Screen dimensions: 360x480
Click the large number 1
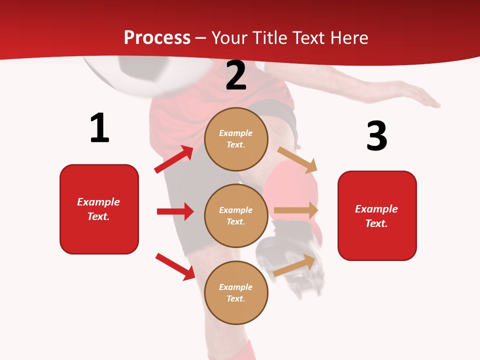click(99, 128)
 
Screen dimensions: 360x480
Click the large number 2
click(236, 76)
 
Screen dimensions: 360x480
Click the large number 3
click(376, 136)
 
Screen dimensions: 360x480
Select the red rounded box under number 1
click(99, 209)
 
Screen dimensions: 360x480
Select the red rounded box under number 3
click(377, 215)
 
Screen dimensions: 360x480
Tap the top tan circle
click(236, 139)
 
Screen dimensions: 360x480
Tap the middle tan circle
click(236, 215)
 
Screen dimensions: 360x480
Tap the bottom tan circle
click(236, 292)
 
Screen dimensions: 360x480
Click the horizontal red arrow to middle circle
click(175, 211)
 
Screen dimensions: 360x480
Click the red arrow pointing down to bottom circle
click(175, 266)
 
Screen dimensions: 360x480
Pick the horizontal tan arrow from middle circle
click(296, 210)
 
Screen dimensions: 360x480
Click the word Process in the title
click(157, 37)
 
